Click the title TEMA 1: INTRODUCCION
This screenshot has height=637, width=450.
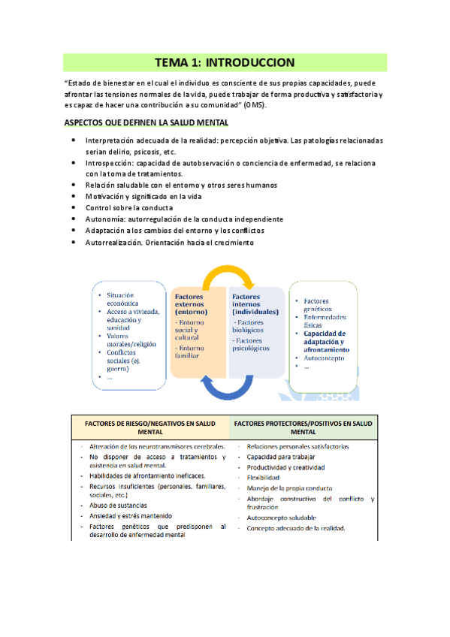[225, 62]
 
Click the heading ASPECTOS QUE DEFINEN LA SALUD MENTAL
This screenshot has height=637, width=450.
[146, 122]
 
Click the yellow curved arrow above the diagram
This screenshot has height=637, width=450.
[228, 277]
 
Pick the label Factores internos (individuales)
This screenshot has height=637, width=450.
[255, 304]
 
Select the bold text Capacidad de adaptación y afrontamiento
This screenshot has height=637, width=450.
[325, 341]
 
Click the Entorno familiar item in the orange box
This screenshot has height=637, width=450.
[192, 353]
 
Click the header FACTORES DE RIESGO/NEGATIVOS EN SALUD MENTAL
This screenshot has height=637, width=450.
[150, 428]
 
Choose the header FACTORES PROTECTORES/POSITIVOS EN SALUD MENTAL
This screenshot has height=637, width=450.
[304, 428]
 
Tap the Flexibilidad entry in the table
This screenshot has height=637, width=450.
[263, 477]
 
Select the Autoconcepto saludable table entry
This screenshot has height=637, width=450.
[281, 518]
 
